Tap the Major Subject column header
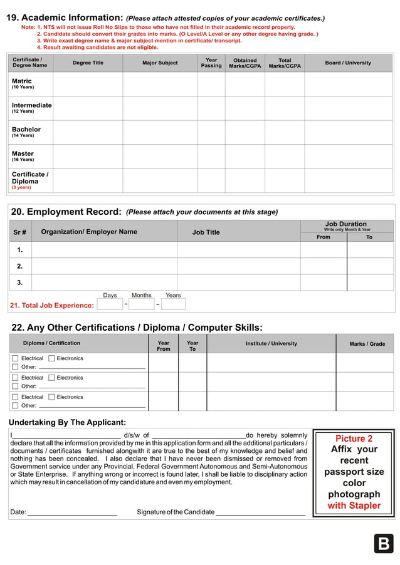pyautogui.click(x=160, y=63)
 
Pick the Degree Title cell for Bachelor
pyautogui.click(x=87, y=132)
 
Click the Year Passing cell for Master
pyautogui.click(x=211, y=156)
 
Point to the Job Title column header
pyautogui.click(x=206, y=232)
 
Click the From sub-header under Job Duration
pyautogui.click(x=324, y=237)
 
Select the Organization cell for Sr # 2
pyautogui.click(x=104, y=266)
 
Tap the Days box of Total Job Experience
pyautogui.click(x=110, y=304)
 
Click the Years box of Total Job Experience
pyautogui.click(x=173, y=304)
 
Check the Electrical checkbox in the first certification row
pyautogui.click(x=15, y=359)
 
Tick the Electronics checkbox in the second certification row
pyautogui.click(x=51, y=378)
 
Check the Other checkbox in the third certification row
pyautogui.click(x=15, y=405)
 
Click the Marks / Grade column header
pyautogui.click(x=367, y=344)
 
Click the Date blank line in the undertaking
pyautogui.click(x=72, y=512)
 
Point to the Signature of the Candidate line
pyautogui.click(x=260, y=512)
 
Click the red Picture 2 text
pyautogui.click(x=354, y=438)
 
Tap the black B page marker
pyautogui.click(x=383, y=544)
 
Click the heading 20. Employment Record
pyautogui.click(x=66, y=212)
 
